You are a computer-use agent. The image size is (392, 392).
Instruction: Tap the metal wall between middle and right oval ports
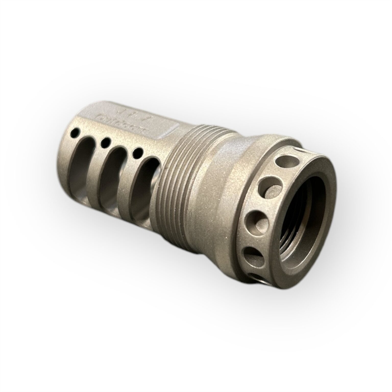click(x=128, y=179)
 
